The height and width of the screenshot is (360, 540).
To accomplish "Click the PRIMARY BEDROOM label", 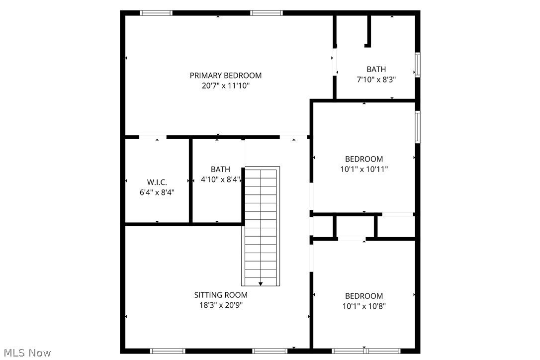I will [225, 76].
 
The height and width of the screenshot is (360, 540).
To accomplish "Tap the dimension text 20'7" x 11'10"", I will [225, 86].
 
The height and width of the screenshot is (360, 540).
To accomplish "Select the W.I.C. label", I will [157, 182].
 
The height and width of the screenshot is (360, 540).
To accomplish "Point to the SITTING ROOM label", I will [220, 295].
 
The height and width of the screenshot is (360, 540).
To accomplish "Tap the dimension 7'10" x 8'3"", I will [376, 80].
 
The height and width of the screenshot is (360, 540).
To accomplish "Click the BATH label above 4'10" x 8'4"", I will [220, 170].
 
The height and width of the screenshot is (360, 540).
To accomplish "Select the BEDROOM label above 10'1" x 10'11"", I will [364, 159].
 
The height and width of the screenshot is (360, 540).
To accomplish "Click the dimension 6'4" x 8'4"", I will [157, 192].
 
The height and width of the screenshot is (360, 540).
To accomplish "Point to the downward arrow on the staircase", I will [261, 283].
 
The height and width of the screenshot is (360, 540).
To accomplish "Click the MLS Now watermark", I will [26, 353].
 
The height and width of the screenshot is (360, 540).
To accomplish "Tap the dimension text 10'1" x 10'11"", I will [364, 169].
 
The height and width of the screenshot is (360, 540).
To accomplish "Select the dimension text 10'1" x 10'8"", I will [364, 306].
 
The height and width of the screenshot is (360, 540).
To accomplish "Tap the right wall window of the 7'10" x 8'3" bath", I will [418, 65].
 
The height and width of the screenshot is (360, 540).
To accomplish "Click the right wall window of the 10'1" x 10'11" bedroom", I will [418, 127].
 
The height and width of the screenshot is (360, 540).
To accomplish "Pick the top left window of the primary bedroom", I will [156, 13].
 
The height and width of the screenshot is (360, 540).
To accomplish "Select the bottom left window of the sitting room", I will [168, 351].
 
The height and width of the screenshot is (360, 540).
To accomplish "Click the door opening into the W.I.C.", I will [153, 137].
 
